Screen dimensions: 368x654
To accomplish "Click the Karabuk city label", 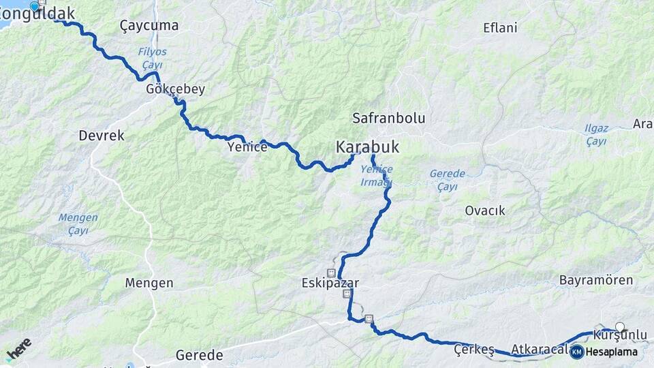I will (x=367, y=147).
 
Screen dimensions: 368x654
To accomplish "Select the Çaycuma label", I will (x=149, y=26).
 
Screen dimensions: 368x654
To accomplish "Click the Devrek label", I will (x=102, y=136).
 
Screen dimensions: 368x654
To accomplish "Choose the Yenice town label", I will (x=247, y=147).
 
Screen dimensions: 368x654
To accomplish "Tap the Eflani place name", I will (x=500, y=28).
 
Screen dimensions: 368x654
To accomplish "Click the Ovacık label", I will (x=485, y=211).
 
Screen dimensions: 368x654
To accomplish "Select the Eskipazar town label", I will (x=330, y=282).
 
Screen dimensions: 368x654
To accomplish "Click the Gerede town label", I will (x=200, y=355).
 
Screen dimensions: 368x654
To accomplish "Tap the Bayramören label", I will (x=596, y=280).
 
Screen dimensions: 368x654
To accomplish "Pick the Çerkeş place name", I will (x=473, y=350).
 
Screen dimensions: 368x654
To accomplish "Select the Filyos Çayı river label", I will (x=152, y=57).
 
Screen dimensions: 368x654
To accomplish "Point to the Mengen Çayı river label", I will (x=78, y=224).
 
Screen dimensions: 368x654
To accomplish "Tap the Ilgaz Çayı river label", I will (x=596, y=134).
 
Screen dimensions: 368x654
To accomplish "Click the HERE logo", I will (x=18, y=349).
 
